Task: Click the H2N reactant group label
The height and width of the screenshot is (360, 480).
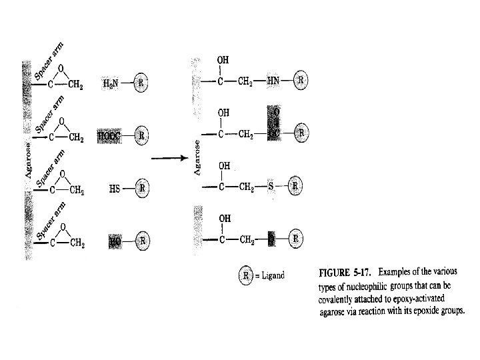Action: [x=111, y=83]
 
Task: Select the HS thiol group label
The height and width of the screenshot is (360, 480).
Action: [x=114, y=188]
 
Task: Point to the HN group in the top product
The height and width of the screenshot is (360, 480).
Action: [x=274, y=81]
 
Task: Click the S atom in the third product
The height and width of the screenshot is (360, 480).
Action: [x=271, y=186]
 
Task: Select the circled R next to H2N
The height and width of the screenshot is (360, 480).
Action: [x=141, y=83]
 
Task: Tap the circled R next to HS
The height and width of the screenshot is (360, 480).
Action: [x=141, y=188]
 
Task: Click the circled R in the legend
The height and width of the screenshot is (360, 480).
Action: [x=247, y=276]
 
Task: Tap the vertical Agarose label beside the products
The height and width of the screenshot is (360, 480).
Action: [x=197, y=157]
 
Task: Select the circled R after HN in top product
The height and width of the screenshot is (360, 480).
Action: [x=301, y=81]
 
